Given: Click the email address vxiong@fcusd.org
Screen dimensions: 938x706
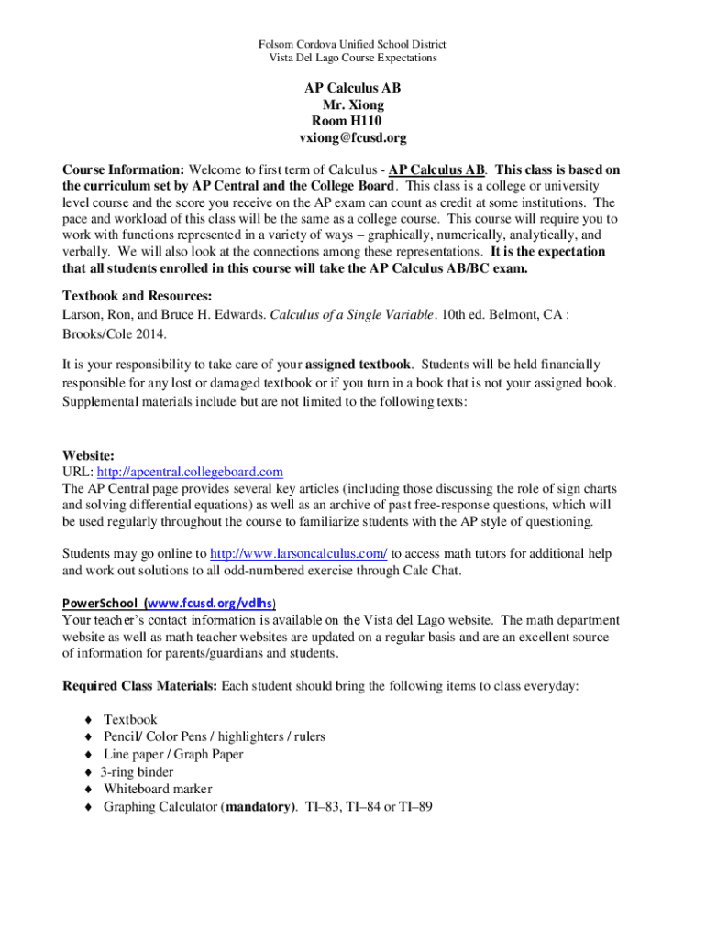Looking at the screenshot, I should (352, 137).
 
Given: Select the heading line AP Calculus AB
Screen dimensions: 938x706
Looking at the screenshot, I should (352, 88).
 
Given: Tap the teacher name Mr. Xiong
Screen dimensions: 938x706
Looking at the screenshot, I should (353, 104).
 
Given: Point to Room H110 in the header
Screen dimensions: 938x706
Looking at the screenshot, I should (347, 121).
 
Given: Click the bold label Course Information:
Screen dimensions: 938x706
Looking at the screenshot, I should (124, 170).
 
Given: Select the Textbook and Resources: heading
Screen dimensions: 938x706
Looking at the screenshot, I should (137, 296).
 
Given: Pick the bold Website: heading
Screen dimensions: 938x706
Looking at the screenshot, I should (88, 455).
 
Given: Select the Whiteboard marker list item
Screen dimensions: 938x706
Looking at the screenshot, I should (158, 789).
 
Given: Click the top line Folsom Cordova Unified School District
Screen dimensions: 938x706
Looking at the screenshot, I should (353, 44).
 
